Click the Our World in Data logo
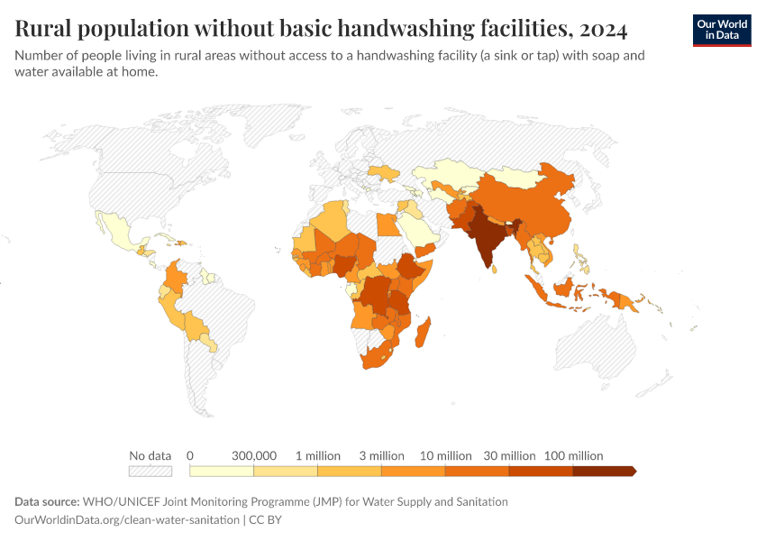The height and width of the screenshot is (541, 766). pyautogui.click(x=721, y=30)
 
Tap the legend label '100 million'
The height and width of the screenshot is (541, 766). pyautogui.click(x=573, y=455)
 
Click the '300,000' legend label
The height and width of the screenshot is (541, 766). pyautogui.click(x=254, y=455)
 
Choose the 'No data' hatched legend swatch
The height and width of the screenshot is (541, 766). pyautogui.click(x=150, y=471)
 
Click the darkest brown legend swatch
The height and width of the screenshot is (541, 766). pyautogui.click(x=604, y=471)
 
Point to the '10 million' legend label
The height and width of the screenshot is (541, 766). pyautogui.click(x=445, y=455)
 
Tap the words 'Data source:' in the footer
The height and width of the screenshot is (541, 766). pyautogui.click(x=47, y=501)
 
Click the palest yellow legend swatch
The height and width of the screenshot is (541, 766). pyautogui.click(x=222, y=471)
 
